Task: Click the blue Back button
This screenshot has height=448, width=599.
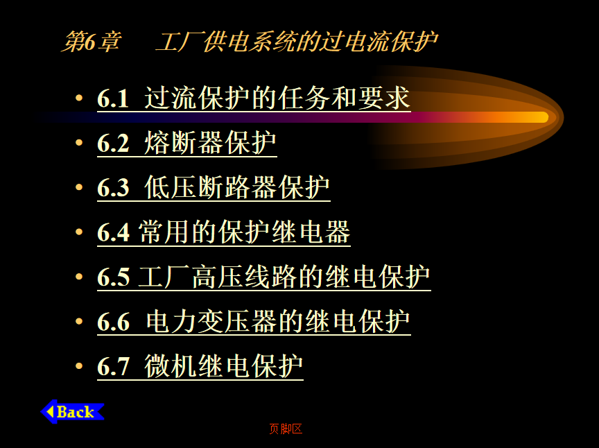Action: pos(72,412)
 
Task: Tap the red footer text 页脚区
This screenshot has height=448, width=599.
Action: pos(286,429)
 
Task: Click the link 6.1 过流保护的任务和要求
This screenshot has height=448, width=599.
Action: pos(254,98)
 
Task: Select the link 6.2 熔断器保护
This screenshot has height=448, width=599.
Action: pos(187,144)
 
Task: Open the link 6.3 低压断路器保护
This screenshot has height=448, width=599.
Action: pos(214,188)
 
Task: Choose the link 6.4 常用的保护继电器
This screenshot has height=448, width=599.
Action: pos(224,232)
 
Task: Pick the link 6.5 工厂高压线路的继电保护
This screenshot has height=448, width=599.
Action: pos(264,277)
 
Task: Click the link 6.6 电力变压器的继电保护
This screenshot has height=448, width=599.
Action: pos(254,322)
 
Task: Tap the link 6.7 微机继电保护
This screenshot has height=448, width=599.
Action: pos(200,367)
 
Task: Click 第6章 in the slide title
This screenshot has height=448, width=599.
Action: pos(92,42)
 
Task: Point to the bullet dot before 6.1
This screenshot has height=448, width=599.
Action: pos(79,98)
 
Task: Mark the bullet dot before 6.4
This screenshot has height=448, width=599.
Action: pos(79,232)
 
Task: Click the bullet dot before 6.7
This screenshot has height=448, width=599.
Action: pos(79,365)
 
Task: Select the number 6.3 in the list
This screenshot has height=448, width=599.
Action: pos(114,188)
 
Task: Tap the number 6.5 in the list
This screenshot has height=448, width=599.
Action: pos(114,277)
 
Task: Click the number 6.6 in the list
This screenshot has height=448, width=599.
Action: pos(114,322)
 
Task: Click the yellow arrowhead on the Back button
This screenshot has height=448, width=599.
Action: pos(50,412)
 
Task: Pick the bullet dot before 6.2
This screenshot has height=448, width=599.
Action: pos(79,143)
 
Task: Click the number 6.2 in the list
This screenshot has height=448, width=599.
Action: pos(114,144)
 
